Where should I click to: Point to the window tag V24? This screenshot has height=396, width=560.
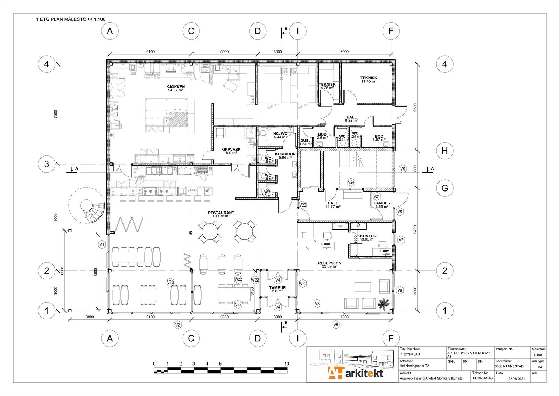351,182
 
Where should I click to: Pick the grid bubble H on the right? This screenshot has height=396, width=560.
444,151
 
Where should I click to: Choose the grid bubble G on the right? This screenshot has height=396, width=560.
444,188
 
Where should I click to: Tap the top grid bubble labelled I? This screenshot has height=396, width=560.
297,31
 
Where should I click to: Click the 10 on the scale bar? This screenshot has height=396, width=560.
287,364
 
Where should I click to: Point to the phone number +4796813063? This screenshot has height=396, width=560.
482,378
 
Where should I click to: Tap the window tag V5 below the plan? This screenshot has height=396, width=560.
336,325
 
